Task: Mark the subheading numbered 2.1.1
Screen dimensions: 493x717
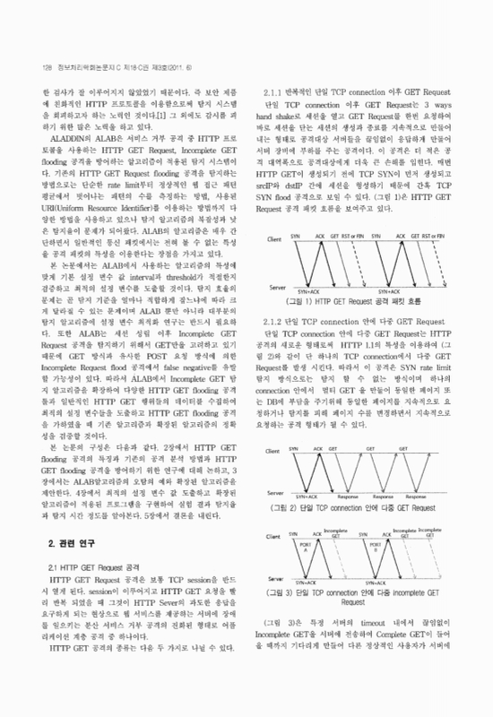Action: pos(361,92)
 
